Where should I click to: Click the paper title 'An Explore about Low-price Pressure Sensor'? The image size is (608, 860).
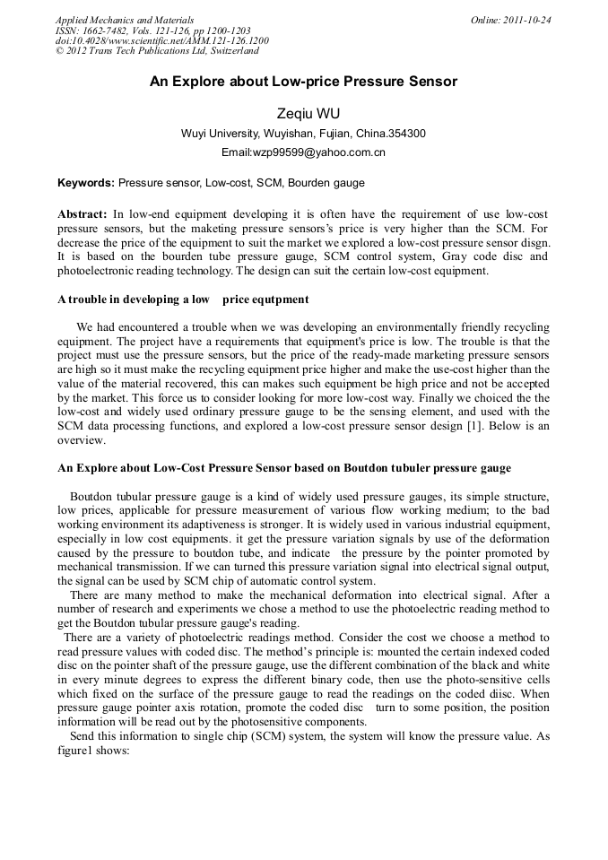pyautogui.click(x=303, y=82)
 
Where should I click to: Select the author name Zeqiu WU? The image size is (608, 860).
pyautogui.click(x=304, y=113)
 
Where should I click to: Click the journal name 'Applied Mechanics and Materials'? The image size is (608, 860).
pyautogui.click(x=125, y=20)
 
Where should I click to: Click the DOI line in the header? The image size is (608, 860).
pyautogui.click(x=161, y=40)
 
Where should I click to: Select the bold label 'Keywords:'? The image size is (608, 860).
pyautogui.click(x=86, y=184)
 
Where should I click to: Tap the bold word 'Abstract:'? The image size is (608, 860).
pyautogui.click(x=83, y=214)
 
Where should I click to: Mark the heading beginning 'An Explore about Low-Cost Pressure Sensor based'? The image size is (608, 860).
pyautogui.click(x=283, y=467)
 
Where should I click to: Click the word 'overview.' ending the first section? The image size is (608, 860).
pyautogui.click(x=82, y=441)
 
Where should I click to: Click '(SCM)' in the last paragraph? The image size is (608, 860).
pyautogui.click(x=259, y=737)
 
